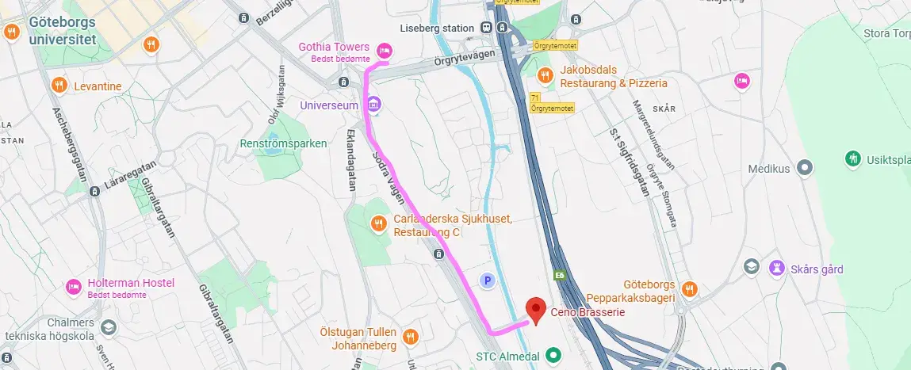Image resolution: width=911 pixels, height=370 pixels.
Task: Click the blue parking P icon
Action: (x=488, y=280)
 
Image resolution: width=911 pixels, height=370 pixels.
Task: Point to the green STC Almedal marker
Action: (x=555, y=356)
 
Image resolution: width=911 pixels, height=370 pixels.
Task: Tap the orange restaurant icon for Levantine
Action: (x=58, y=85)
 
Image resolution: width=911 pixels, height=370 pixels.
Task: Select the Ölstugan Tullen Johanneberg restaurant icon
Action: (x=410, y=337)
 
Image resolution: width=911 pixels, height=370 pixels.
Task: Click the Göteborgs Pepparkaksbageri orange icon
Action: (x=689, y=289)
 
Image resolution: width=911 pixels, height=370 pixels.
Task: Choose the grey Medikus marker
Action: (x=805, y=168)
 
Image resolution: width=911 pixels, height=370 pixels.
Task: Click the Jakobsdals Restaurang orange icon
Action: (x=544, y=75)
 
